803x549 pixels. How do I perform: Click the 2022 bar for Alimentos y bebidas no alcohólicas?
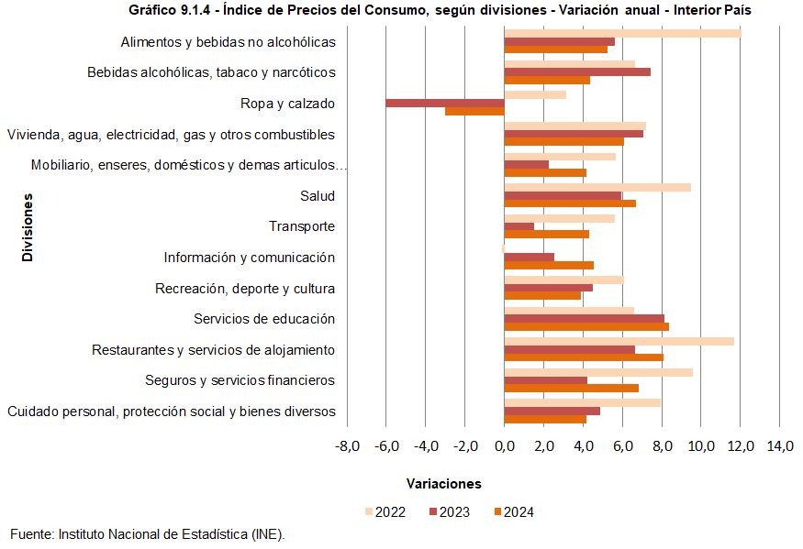(622, 34)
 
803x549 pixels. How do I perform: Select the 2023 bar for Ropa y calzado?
(445, 103)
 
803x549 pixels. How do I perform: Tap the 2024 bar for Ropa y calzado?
(474, 111)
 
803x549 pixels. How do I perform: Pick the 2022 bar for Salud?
(597, 187)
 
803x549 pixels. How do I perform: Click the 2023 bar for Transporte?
(519, 226)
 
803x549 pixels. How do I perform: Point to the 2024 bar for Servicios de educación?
(586, 327)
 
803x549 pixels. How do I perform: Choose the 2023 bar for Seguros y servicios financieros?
(545, 380)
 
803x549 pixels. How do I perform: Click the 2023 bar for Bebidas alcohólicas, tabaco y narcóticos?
(577, 71)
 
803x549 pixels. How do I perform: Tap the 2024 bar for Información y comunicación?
(549, 266)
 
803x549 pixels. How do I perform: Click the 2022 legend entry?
(385, 512)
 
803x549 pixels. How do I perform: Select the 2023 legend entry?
(450, 512)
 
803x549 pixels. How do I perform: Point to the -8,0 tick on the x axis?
(347, 446)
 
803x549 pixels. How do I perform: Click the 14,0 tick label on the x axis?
(779, 446)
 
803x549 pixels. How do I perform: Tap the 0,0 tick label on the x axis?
(505, 446)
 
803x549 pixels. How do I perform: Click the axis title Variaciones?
(443, 483)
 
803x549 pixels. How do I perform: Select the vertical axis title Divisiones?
(28, 227)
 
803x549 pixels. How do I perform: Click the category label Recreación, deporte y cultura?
(245, 289)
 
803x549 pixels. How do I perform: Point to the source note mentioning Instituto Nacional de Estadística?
(148, 533)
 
